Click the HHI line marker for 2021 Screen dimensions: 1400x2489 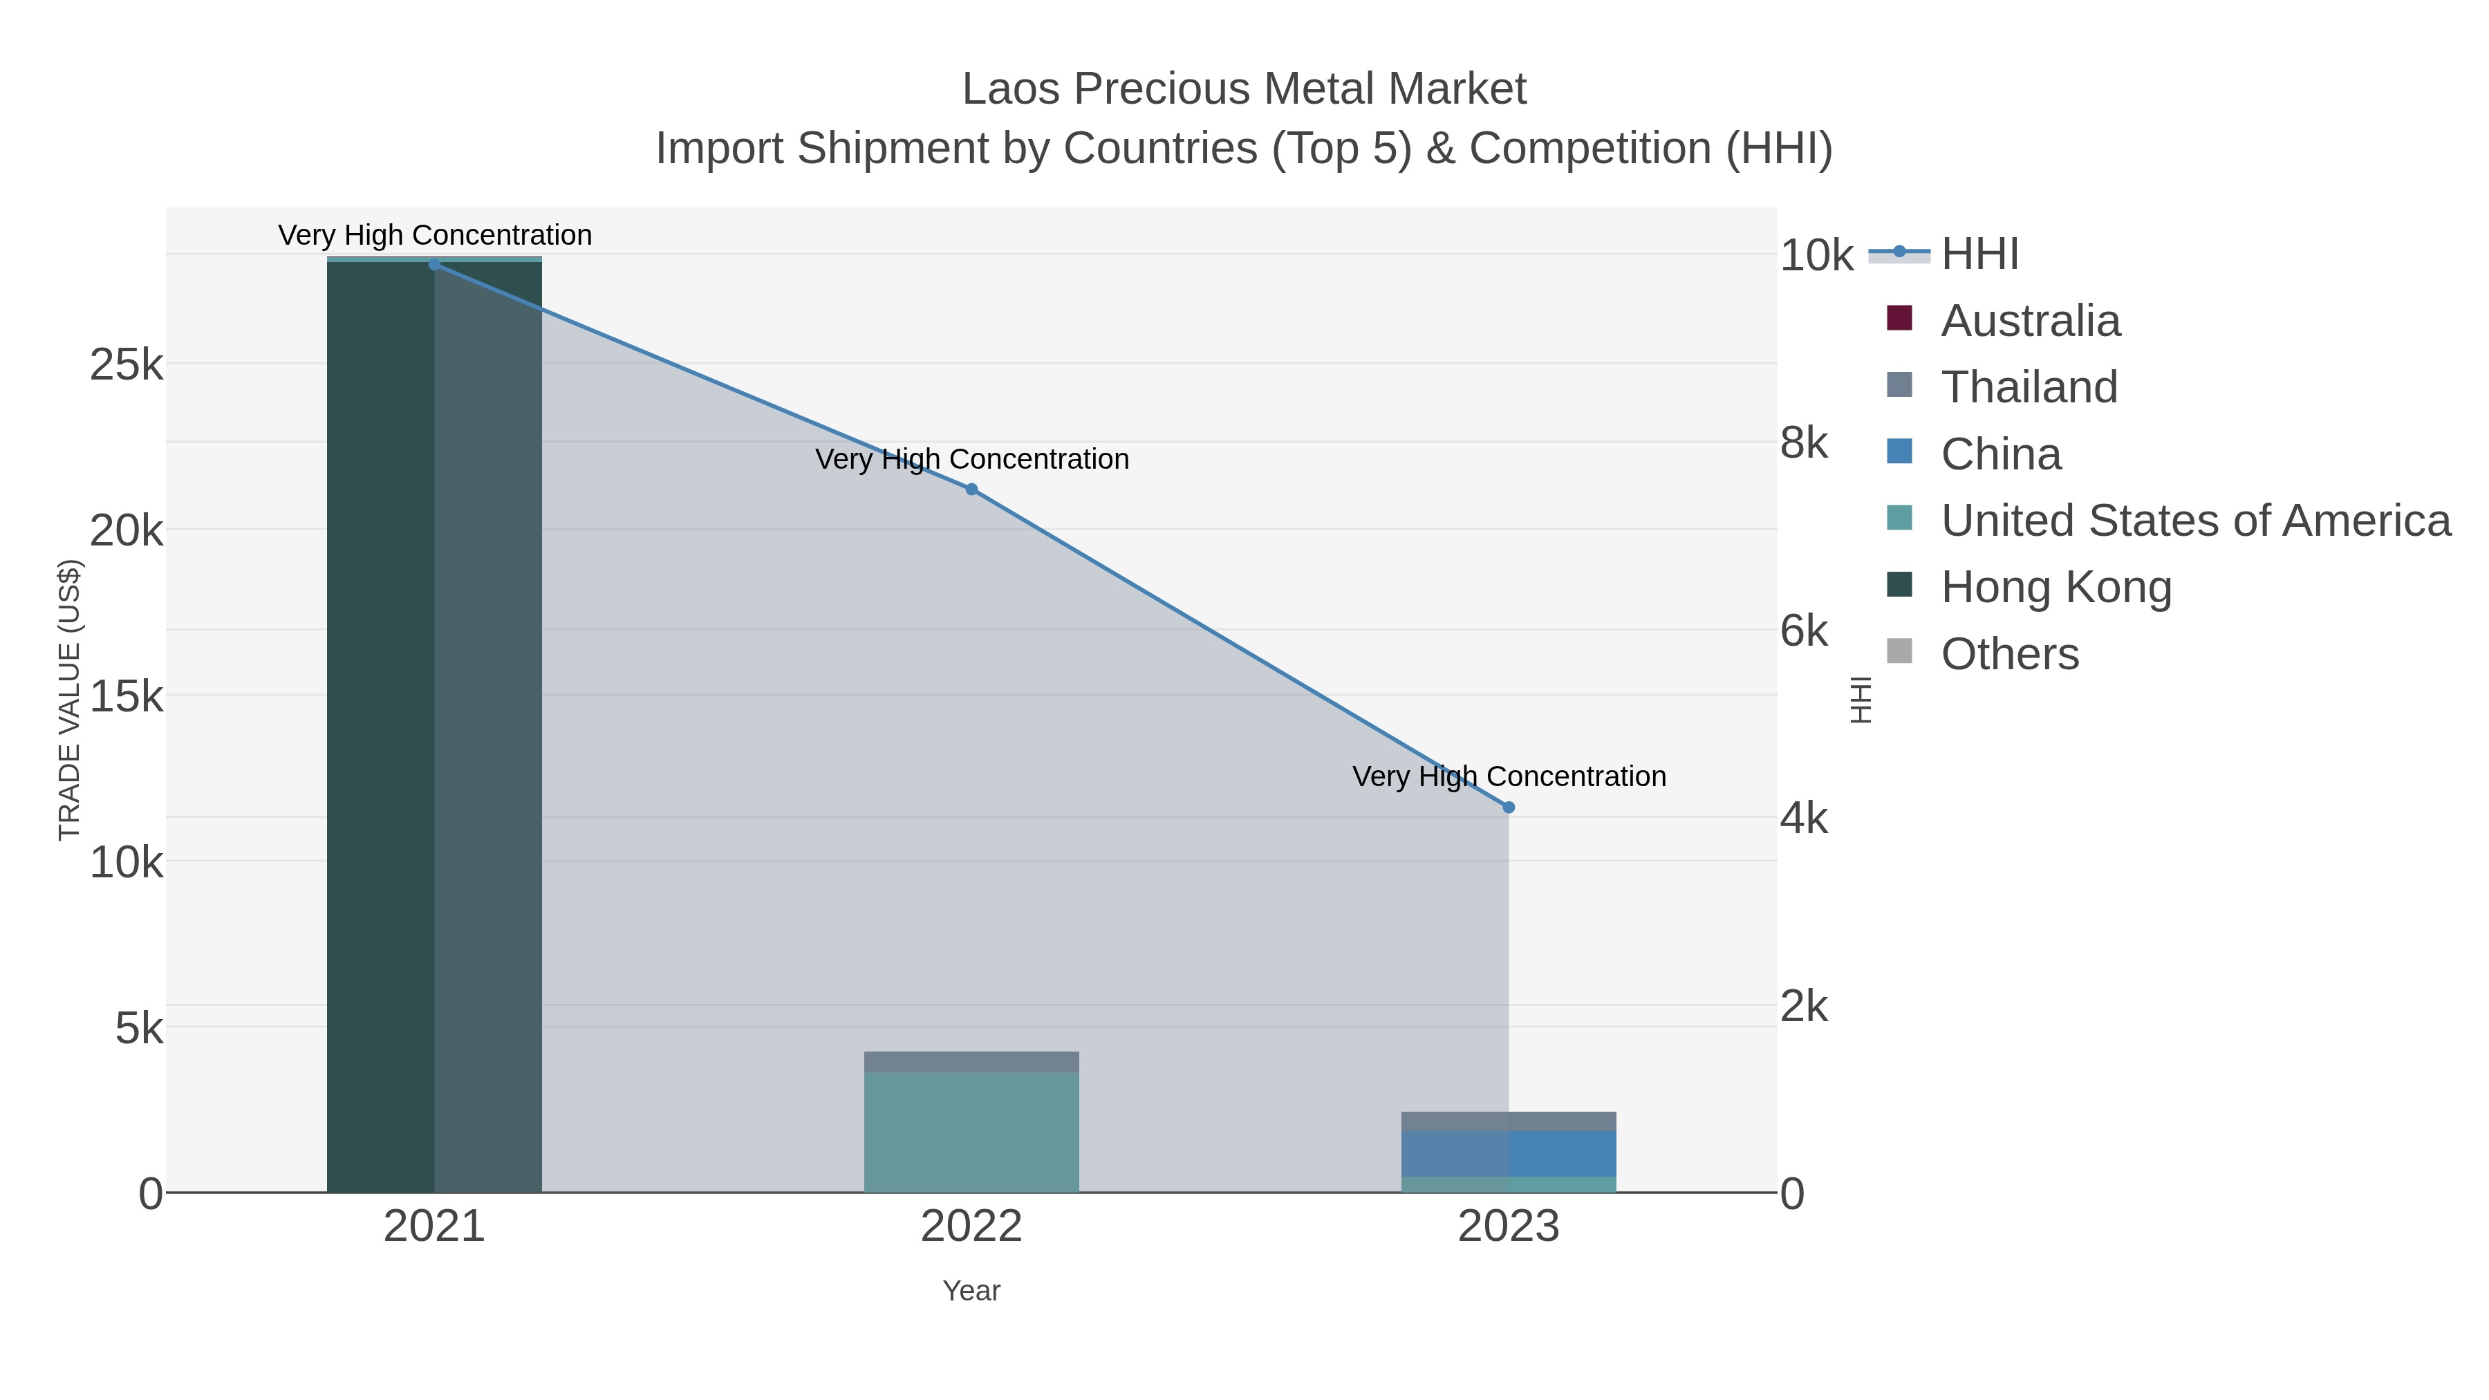[435, 265]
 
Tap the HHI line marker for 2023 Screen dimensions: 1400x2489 [1509, 808]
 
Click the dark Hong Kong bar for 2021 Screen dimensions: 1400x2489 [381, 725]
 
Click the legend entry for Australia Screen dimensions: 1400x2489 [2029, 321]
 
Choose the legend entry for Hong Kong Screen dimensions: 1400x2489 [2055, 588]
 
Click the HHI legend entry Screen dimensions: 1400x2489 [1979, 254]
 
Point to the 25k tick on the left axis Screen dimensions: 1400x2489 [127, 365]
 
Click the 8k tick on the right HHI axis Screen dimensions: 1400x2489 [1804, 443]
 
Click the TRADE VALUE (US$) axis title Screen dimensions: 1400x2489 [70, 700]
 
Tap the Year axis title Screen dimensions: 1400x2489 [972, 1291]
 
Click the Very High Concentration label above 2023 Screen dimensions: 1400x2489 [1509, 777]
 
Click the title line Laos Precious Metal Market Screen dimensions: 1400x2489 [1244, 89]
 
